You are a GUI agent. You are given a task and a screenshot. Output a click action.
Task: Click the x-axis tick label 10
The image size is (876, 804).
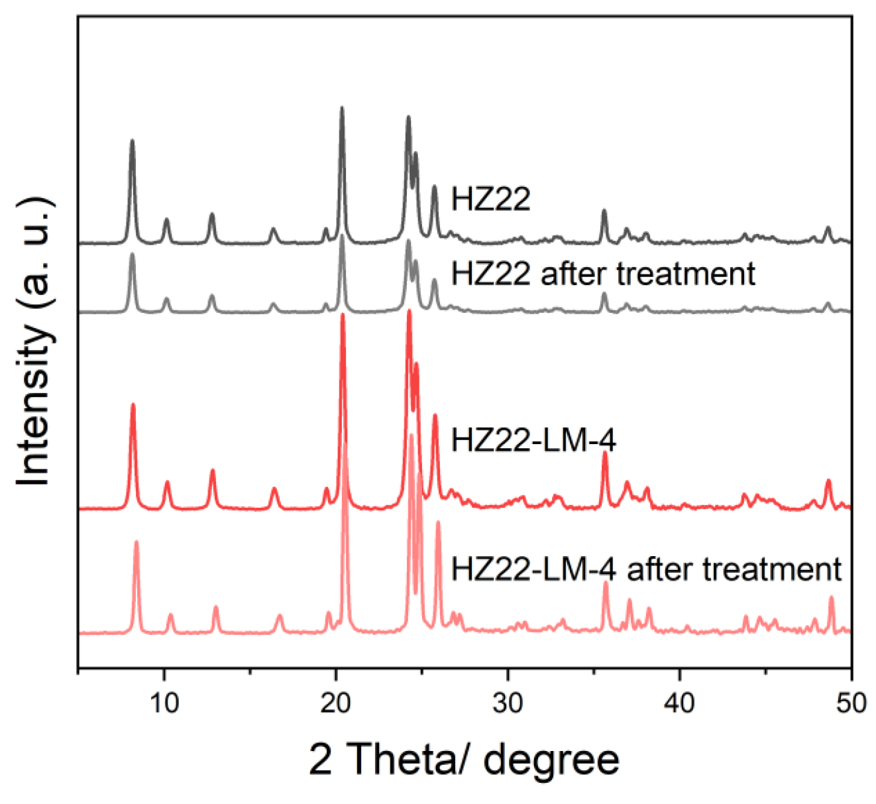[x=164, y=703]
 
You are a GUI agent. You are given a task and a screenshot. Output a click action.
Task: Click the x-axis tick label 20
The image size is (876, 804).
[x=336, y=703]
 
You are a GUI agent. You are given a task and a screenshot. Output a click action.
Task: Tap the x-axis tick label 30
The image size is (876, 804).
[x=508, y=703]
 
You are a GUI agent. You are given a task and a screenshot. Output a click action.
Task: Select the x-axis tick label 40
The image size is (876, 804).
[x=680, y=703]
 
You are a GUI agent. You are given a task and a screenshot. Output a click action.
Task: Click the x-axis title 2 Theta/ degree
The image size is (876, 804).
[x=464, y=760]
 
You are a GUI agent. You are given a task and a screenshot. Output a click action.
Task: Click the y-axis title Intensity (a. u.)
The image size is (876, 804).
[x=34, y=342]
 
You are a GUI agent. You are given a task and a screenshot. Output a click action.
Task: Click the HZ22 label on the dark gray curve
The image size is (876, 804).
[x=490, y=199]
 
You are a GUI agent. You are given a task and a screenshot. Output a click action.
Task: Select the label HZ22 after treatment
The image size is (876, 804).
[x=602, y=273]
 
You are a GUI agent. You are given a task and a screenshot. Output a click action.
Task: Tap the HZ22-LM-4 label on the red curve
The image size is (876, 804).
[x=533, y=439]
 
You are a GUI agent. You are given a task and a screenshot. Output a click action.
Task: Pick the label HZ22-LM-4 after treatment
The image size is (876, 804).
[x=646, y=569]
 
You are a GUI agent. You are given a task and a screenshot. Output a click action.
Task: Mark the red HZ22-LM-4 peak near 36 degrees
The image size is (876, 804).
[x=604, y=453]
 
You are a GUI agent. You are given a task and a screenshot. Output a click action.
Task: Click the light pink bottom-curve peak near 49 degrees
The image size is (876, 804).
[x=832, y=598]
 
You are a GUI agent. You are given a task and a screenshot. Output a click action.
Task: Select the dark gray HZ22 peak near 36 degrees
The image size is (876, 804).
[x=604, y=211]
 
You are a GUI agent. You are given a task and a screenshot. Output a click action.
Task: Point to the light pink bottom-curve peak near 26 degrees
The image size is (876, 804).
[x=438, y=523]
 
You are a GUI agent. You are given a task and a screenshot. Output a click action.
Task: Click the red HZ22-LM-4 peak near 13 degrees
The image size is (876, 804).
[x=213, y=471]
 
